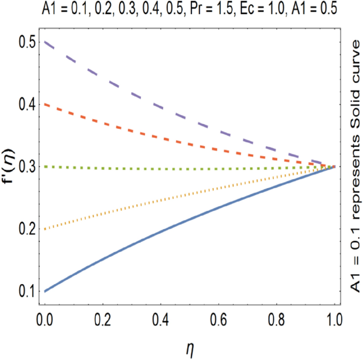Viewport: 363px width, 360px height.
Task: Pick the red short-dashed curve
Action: click(159, 129)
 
